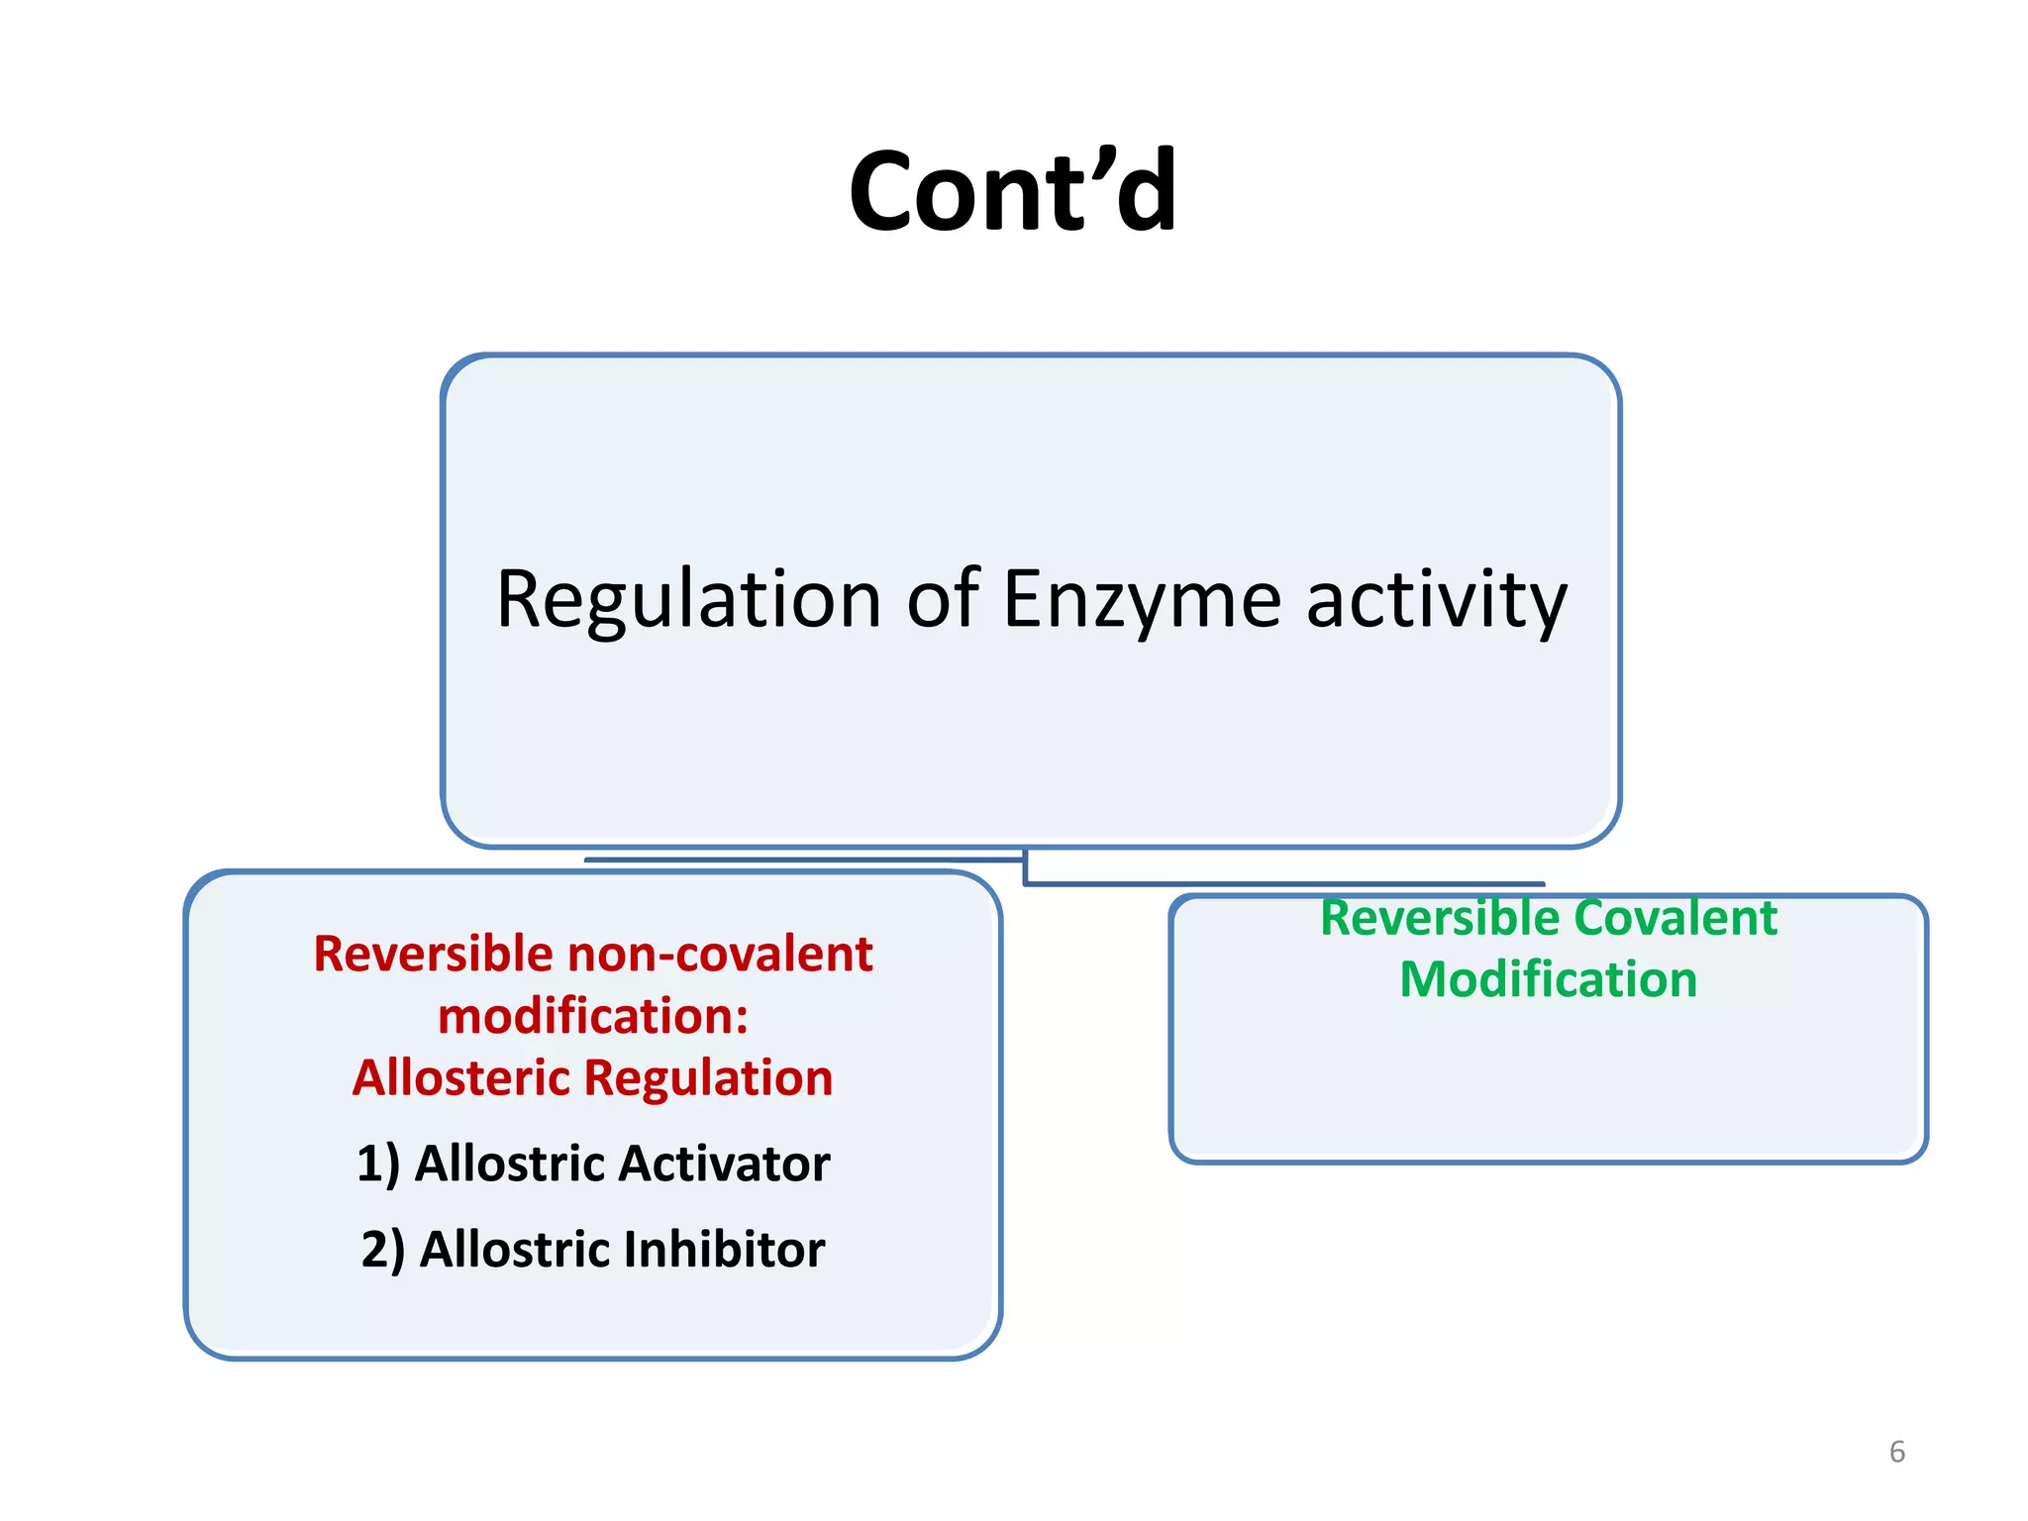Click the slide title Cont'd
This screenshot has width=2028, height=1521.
pyautogui.click(x=1013, y=190)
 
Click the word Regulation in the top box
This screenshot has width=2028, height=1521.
pyautogui.click(x=688, y=600)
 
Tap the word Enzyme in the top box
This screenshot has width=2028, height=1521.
pyautogui.click(x=1142, y=600)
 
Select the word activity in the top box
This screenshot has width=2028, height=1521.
pyautogui.click(x=1437, y=600)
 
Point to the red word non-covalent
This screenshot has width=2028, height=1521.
pyautogui.click(x=720, y=954)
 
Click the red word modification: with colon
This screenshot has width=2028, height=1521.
pyautogui.click(x=593, y=1016)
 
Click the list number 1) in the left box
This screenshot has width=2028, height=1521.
pyautogui.click(x=377, y=1164)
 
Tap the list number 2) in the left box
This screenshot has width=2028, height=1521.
pyautogui.click(x=382, y=1250)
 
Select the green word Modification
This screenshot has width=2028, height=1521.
pyautogui.click(x=1548, y=979)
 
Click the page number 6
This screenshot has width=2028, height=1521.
pyautogui.click(x=1896, y=1452)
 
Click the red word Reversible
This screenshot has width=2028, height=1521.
pyautogui.click(x=433, y=954)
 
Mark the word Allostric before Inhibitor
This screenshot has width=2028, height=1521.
pyautogui.click(x=515, y=1250)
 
